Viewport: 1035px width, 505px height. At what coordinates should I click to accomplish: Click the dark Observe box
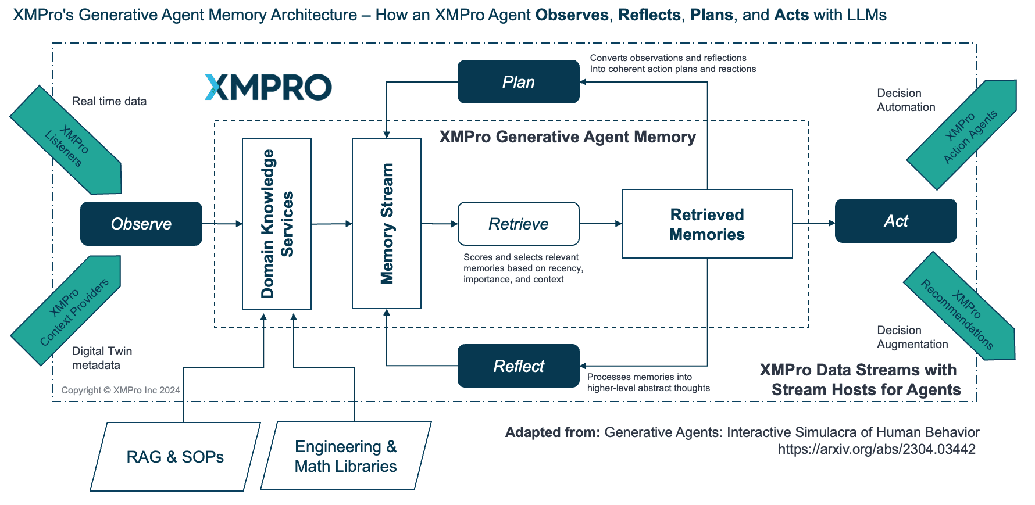pos(141,224)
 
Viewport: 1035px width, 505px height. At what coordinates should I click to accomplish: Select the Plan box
pos(519,82)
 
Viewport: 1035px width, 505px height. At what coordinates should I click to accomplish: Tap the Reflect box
pos(519,366)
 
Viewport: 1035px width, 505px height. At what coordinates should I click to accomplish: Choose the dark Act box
pos(896,221)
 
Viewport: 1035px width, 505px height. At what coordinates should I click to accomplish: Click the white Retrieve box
pos(519,224)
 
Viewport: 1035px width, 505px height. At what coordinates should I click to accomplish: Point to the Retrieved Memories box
pos(707,224)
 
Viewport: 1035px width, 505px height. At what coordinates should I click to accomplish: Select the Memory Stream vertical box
pos(387,223)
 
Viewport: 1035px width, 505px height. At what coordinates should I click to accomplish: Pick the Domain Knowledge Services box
pos(277,224)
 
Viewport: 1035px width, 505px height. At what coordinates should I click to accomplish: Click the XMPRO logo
pos(268,87)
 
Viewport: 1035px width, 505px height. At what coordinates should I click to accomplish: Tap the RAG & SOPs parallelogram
pos(175,457)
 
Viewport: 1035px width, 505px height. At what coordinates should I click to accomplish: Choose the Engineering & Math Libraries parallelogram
pos(346,456)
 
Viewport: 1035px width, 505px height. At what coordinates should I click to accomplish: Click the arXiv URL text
pos(877,449)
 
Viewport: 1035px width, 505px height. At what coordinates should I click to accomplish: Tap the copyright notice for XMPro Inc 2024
pos(120,390)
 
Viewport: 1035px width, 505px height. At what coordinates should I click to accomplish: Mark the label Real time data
pos(109,101)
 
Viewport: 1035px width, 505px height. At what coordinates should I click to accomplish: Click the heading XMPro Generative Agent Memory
pos(568,137)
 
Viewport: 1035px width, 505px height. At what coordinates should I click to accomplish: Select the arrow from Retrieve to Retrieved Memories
pos(601,224)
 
